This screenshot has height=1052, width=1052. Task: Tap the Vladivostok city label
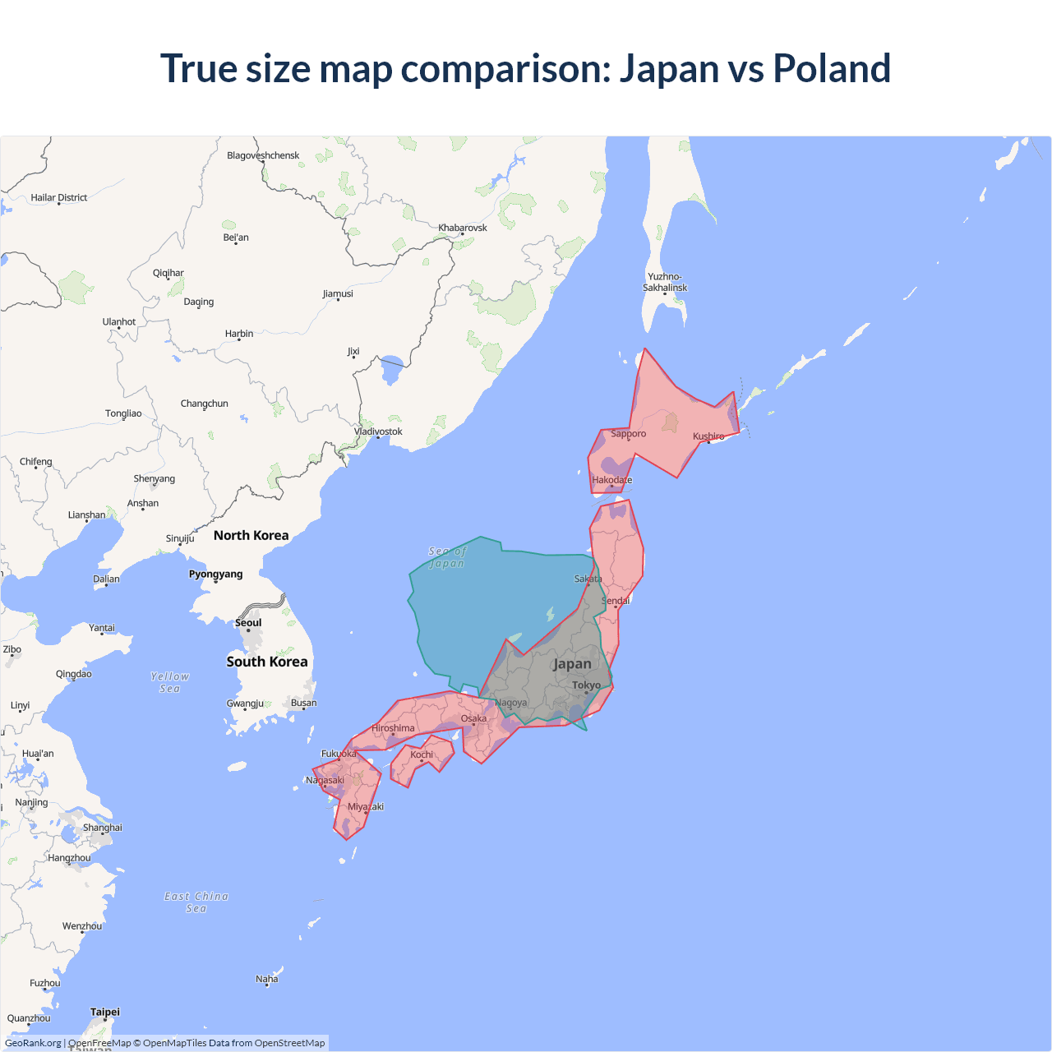pos(378,431)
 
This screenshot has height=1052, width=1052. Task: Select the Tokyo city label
pos(586,685)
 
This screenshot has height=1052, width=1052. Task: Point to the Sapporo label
pos(628,433)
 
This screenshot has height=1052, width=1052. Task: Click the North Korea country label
pos(251,535)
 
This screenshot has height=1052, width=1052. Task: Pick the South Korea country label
pos(267,662)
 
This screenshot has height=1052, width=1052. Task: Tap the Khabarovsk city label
pos(463,228)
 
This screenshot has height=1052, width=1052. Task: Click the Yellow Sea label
pos(170,682)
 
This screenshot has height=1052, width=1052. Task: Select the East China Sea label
pos(196,902)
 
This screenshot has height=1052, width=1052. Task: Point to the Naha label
pos(266,979)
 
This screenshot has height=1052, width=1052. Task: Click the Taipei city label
pos(105,1012)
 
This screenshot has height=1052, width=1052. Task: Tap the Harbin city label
pos(239,334)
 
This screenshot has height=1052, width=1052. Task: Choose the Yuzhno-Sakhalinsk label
pos(665,282)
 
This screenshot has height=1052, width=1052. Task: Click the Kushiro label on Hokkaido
pos(708,436)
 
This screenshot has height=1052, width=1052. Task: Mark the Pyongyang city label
pos(215,574)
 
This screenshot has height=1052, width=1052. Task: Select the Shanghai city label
pos(103,828)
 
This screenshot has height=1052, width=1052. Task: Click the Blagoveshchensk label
pos(263,155)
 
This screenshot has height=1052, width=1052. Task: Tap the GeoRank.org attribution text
pos(33,1043)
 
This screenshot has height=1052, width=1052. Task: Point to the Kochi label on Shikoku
pos(422,754)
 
